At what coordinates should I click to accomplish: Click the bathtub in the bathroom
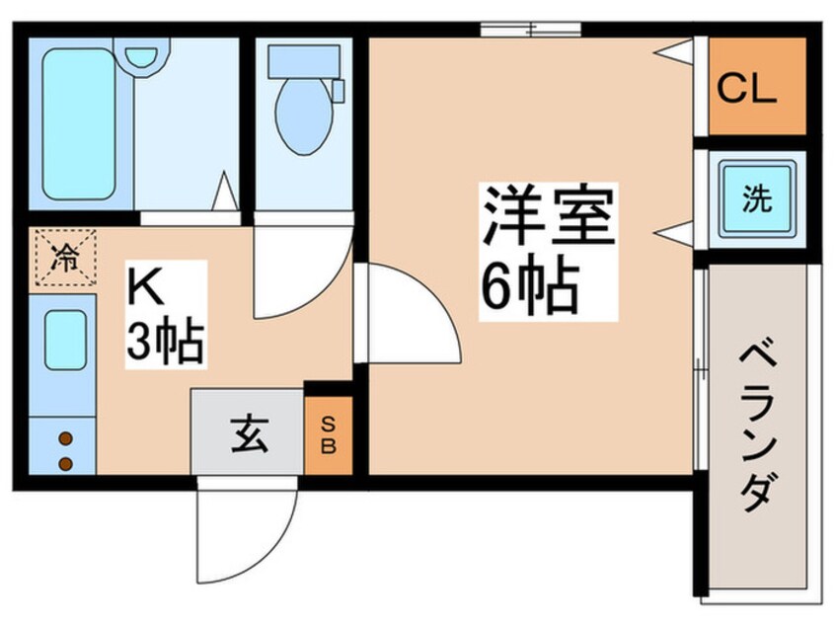point(79,123)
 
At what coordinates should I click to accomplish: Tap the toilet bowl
point(304,117)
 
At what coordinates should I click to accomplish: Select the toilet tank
point(304,61)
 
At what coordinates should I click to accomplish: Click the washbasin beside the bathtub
point(142,55)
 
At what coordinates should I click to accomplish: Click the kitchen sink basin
point(65,340)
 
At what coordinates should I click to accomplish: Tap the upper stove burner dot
point(65,439)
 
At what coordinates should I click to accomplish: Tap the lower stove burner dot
point(65,464)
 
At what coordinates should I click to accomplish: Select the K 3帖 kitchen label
point(165,314)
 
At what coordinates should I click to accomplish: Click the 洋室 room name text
point(548,217)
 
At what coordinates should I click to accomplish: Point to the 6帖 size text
point(529,286)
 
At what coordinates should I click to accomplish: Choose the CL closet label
point(746,88)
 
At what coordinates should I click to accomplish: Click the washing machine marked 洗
point(757,199)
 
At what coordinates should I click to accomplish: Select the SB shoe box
point(329,435)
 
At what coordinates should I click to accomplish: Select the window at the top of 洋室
point(530,30)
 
